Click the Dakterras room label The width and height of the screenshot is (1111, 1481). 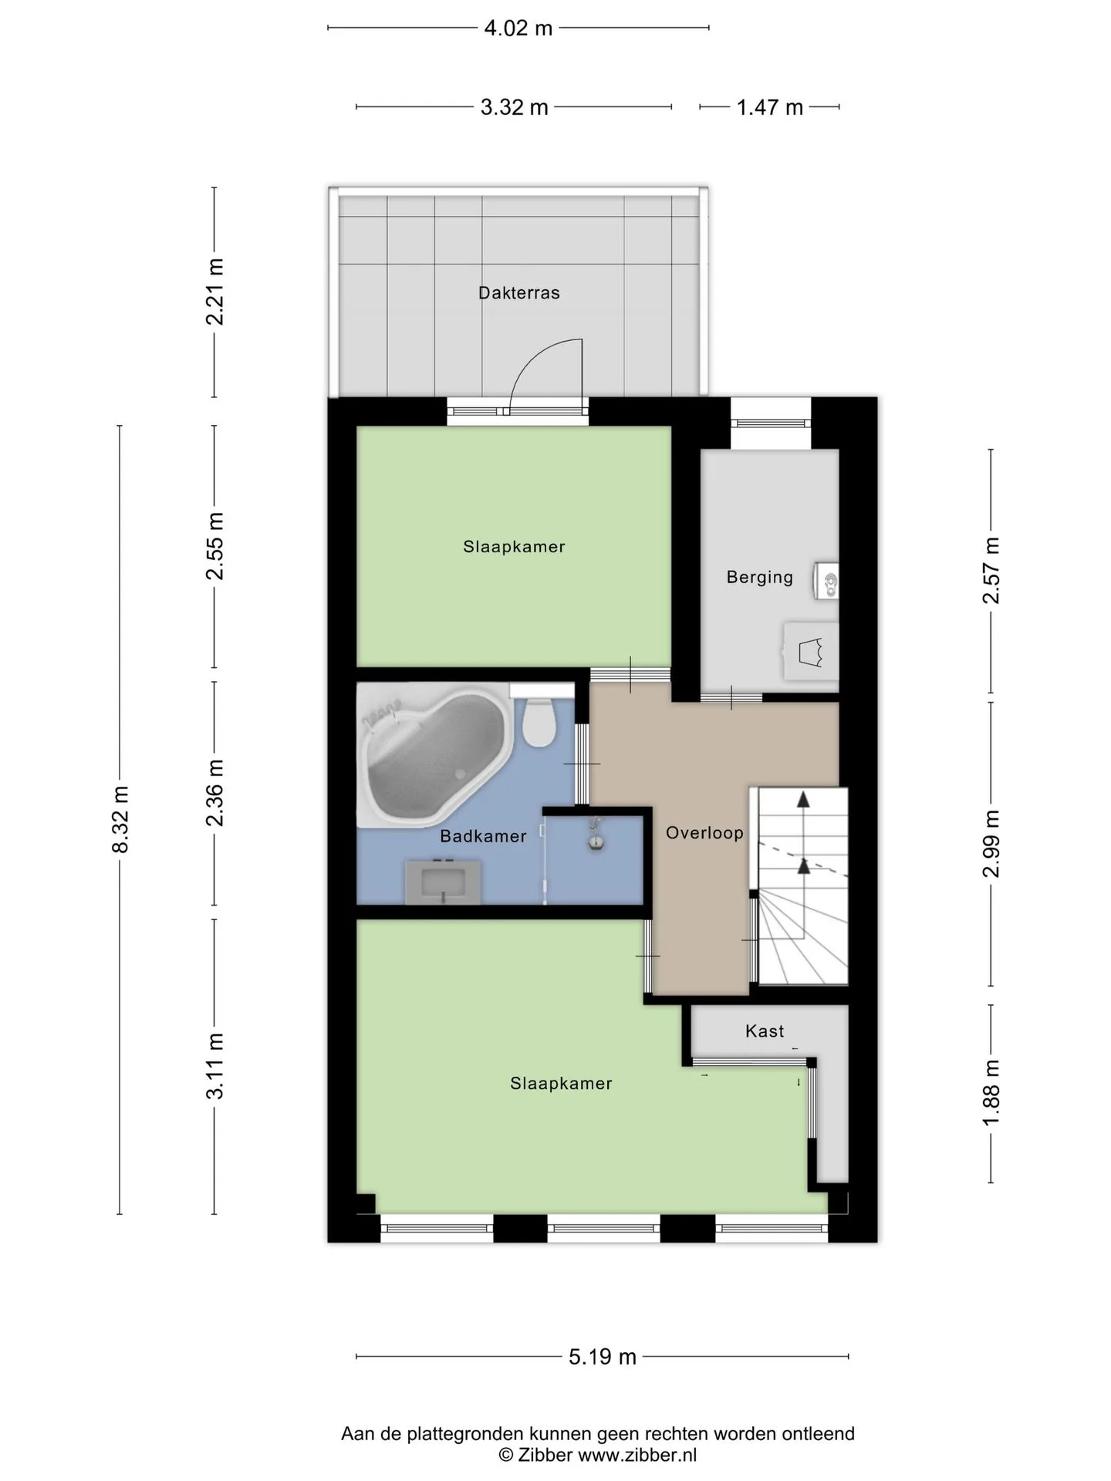(x=518, y=293)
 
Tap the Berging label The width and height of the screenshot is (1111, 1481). (x=759, y=578)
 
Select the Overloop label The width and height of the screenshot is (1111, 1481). (x=704, y=833)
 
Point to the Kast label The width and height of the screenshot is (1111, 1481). (x=765, y=1031)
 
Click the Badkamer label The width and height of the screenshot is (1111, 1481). (x=483, y=836)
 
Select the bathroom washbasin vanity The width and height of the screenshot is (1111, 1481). (x=444, y=882)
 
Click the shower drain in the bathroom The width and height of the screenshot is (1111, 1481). (x=595, y=841)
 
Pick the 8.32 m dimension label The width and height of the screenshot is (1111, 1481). (x=120, y=819)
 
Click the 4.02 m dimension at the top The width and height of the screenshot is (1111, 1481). (x=518, y=29)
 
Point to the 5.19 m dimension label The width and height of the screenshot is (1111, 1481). (x=603, y=1357)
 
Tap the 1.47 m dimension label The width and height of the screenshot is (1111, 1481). (x=770, y=107)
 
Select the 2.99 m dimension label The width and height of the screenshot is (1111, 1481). (x=991, y=844)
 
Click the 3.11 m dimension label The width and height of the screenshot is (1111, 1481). (x=215, y=1065)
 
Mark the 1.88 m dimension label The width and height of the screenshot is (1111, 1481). (x=991, y=1092)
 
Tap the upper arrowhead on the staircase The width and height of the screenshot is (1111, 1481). (x=803, y=799)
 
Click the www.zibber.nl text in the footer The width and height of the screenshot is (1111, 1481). (x=637, y=1455)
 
